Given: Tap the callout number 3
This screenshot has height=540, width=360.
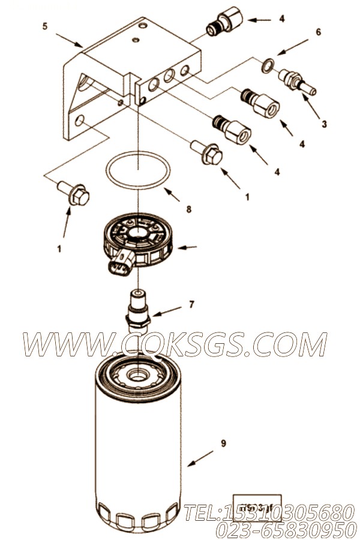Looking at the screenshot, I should click(x=324, y=125).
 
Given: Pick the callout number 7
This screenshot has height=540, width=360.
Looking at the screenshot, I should click(x=191, y=304).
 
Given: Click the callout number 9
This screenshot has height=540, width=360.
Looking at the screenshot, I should click(x=223, y=443).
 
